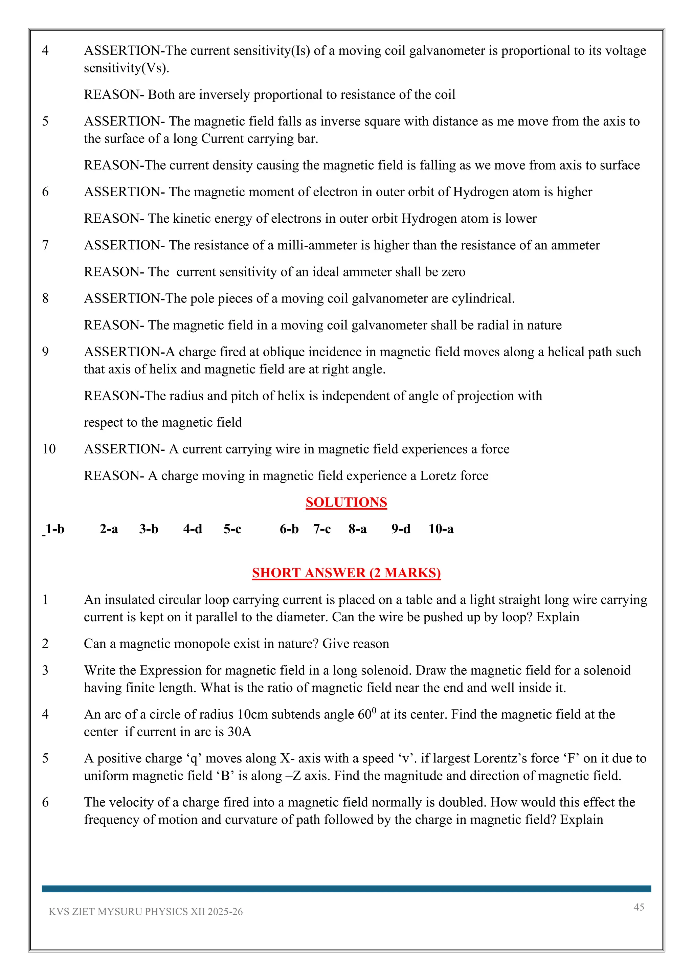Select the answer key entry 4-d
tap(193, 529)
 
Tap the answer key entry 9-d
tap(401, 529)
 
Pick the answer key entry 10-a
tap(441, 529)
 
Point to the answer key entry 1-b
tap(54, 529)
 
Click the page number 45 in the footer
tap(639, 907)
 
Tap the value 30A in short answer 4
tap(239, 732)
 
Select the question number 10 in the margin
tap(49, 449)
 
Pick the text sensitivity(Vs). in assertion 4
tap(126, 68)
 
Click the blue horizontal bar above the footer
tap(346, 889)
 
